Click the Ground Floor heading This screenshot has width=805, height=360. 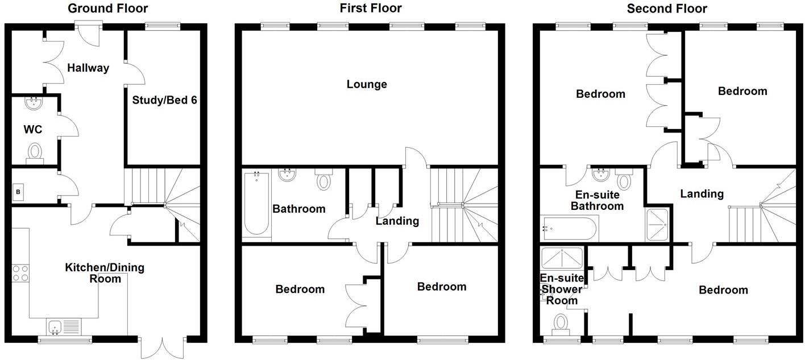click(107, 9)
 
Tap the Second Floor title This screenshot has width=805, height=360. click(667, 9)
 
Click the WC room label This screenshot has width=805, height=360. click(32, 130)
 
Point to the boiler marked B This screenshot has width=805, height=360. click(18, 192)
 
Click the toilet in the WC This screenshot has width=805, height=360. click(35, 152)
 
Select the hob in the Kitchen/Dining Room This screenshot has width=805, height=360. click(20, 273)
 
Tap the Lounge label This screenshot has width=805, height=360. click(367, 85)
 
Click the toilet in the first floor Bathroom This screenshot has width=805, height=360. click(323, 180)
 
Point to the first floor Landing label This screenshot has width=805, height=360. click(397, 221)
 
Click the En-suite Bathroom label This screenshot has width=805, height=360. click(597, 200)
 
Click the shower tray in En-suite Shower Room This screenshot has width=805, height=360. click(562, 258)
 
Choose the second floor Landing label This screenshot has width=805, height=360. click(702, 194)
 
